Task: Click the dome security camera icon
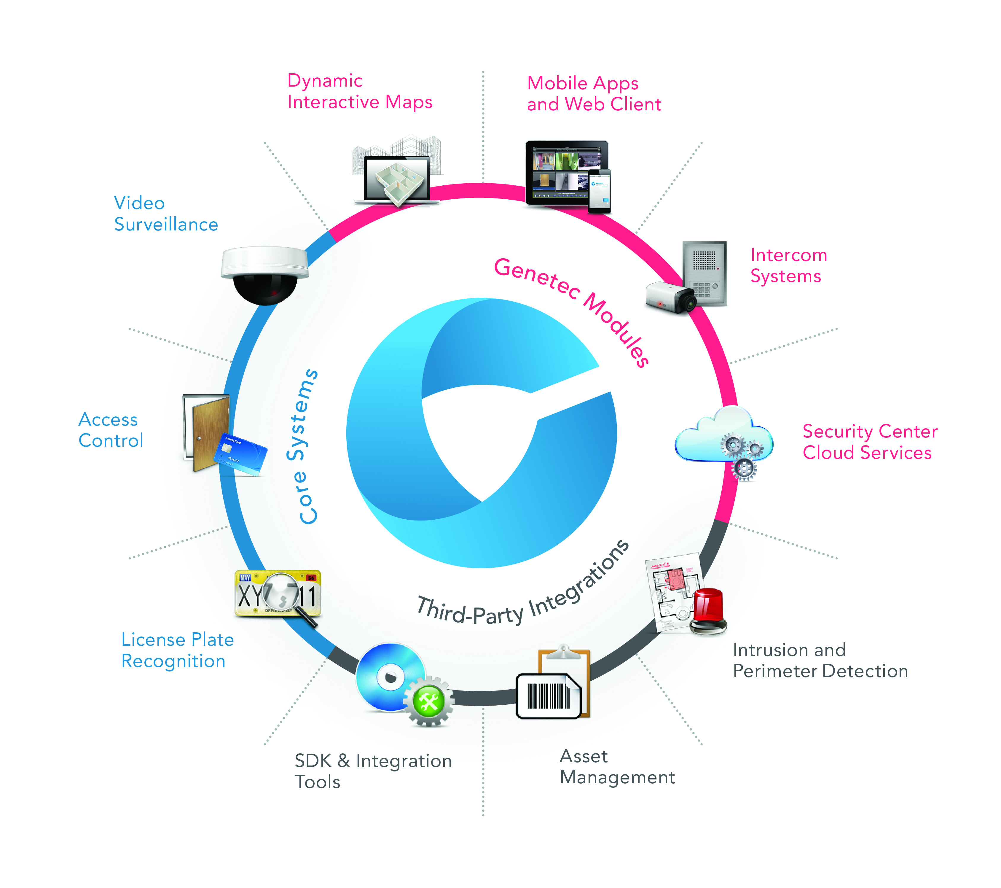(x=264, y=274)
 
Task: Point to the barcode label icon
(x=549, y=696)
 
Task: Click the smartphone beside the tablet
(x=600, y=191)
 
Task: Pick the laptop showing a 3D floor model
(x=397, y=179)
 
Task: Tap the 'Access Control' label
(x=111, y=430)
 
